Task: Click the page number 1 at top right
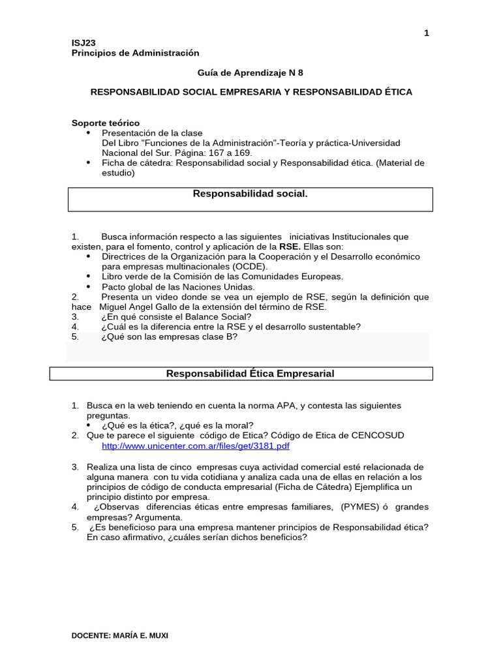click(x=427, y=33)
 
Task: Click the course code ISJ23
click(x=83, y=43)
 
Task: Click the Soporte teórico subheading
click(x=105, y=123)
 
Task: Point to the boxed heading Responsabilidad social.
click(x=250, y=194)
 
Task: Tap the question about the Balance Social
click(x=176, y=316)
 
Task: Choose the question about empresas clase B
click(x=169, y=337)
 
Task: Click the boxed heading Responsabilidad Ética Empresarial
click(x=250, y=374)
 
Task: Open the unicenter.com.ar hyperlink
click(x=196, y=446)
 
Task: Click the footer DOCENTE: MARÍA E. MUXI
click(x=119, y=635)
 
